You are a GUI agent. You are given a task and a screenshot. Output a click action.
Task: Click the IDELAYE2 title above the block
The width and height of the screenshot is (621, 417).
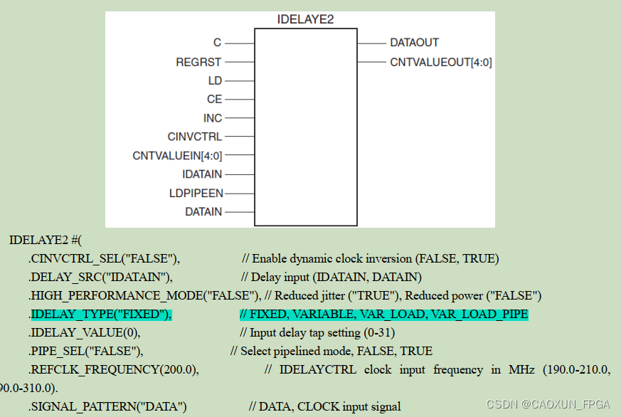coord(305,20)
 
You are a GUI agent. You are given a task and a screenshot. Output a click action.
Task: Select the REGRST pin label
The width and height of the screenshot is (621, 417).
coord(198,63)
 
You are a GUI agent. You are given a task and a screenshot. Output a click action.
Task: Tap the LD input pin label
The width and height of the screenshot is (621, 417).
coord(215,81)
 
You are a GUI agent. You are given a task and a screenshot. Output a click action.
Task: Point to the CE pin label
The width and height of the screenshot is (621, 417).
coord(214,100)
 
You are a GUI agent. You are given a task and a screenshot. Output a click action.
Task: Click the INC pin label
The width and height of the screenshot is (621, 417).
coord(213,118)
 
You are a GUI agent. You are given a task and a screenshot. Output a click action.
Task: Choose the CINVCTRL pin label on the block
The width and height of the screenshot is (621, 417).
coord(195,137)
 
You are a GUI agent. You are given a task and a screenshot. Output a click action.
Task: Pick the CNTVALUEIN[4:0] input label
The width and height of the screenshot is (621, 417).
coord(177,156)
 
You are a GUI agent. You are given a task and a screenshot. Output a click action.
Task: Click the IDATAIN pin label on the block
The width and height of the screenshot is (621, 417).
coord(202,174)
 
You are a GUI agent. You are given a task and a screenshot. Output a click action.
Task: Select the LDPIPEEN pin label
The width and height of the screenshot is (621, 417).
coord(197,193)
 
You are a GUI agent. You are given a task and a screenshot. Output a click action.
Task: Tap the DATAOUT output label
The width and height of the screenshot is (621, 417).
coord(415,43)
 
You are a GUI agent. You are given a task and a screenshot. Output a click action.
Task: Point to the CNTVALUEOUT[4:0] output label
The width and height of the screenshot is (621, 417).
coord(441,63)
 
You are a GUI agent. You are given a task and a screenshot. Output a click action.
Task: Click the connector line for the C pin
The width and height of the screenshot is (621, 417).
coord(240,43)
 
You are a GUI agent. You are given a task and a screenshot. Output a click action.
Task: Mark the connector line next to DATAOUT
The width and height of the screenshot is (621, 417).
coord(371,43)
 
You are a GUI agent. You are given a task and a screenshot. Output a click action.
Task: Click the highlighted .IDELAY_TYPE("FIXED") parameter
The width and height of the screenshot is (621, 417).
coord(101,315)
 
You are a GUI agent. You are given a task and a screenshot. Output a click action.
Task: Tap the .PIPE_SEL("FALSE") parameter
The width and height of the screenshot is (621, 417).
coord(87,351)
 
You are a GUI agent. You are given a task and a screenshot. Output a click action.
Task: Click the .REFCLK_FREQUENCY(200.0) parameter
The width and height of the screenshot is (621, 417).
coord(115,369)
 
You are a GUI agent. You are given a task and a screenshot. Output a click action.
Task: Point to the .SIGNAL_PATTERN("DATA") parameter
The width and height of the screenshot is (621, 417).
coord(108,407)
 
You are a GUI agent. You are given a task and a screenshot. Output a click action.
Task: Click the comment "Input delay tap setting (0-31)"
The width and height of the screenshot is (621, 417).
coord(317,332)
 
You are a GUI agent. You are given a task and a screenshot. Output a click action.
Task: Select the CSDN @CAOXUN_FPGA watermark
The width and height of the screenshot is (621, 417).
coord(548,404)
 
